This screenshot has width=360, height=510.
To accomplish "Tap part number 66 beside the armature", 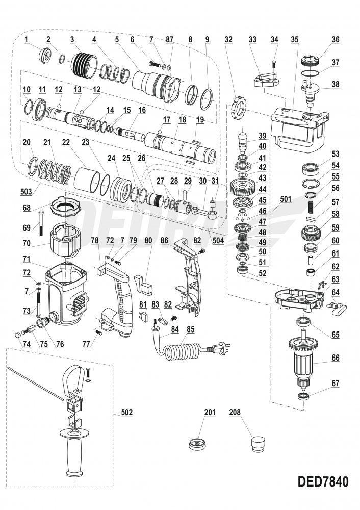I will click(x=336, y=358).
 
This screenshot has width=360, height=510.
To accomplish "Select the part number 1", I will click(x=26, y=39).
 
